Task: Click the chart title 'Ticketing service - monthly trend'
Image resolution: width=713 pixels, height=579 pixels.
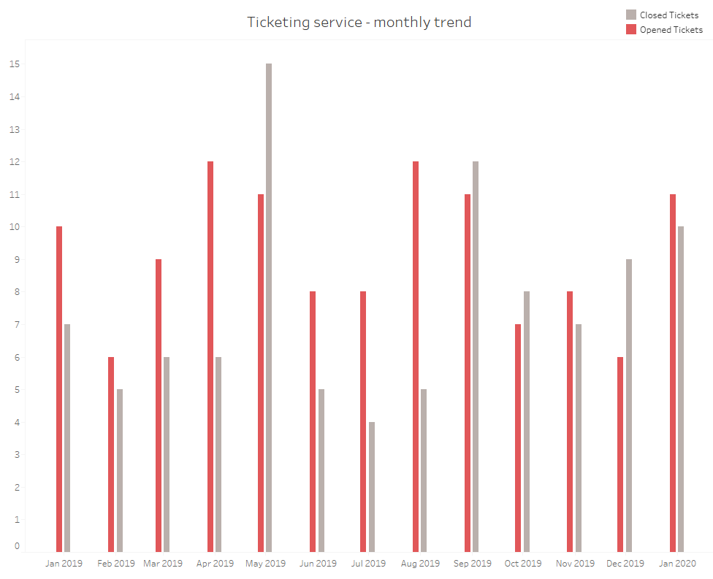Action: [359, 22]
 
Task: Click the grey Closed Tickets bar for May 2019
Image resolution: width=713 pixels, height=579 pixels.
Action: [269, 307]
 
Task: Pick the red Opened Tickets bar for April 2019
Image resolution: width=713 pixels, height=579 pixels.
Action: [210, 356]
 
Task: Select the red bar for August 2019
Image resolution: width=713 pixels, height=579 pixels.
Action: [416, 356]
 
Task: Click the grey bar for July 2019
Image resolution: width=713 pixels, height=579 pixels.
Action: [372, 486]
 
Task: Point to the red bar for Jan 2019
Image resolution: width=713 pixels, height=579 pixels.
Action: [59, 388]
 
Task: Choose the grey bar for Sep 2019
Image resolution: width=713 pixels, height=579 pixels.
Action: [476, 356]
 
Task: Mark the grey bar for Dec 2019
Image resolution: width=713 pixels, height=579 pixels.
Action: [629, 405]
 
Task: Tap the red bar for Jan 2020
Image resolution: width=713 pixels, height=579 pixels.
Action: [673, 372]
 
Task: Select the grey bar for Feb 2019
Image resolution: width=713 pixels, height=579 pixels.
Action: [120, 470]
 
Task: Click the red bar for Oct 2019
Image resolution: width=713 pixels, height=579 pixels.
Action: [518, 437]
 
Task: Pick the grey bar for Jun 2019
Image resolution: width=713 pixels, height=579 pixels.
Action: [321, 470]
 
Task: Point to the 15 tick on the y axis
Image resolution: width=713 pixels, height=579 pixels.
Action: [15, 64]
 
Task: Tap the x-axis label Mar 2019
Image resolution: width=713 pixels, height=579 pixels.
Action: [163, 564]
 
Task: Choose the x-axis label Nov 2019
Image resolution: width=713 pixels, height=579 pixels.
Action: [575, 564]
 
